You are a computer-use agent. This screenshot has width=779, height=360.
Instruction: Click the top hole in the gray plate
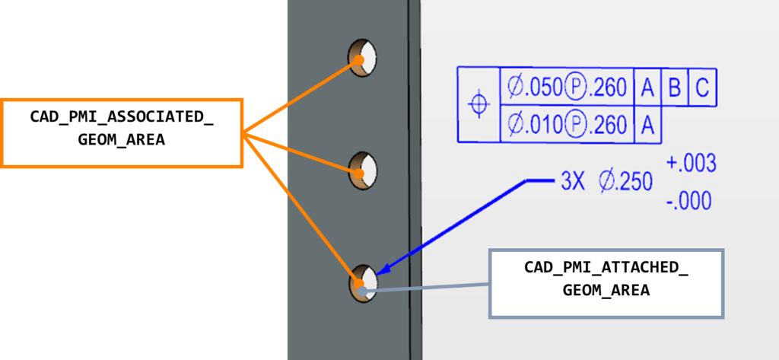(x=362, y=57)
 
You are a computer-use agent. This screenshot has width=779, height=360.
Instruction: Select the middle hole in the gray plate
(x=363, y=171)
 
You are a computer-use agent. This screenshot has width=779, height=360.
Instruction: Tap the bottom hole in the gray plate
(x=363, y=283)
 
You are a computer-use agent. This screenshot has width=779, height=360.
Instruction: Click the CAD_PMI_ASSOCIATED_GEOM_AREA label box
(x=122, y=133)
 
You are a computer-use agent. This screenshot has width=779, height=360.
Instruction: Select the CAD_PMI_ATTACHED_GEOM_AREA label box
(x=606, y=283)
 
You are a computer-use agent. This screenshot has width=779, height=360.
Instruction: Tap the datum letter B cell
(x=674, y=88)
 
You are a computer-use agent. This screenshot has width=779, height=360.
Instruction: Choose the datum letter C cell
(x=702, y=88)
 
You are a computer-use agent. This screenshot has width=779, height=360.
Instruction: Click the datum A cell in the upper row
(x=647, y=88)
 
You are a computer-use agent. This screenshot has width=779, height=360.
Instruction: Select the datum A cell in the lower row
(x=647, y=124)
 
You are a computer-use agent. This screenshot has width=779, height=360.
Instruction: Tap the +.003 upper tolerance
(x=691, y=164)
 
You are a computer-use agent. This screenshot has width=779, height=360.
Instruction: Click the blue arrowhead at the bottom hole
(x=383, y=269)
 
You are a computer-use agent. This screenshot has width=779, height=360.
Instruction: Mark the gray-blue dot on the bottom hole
(x=363, y=291)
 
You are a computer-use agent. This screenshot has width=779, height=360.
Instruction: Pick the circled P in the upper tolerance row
(x=575, y=88)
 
